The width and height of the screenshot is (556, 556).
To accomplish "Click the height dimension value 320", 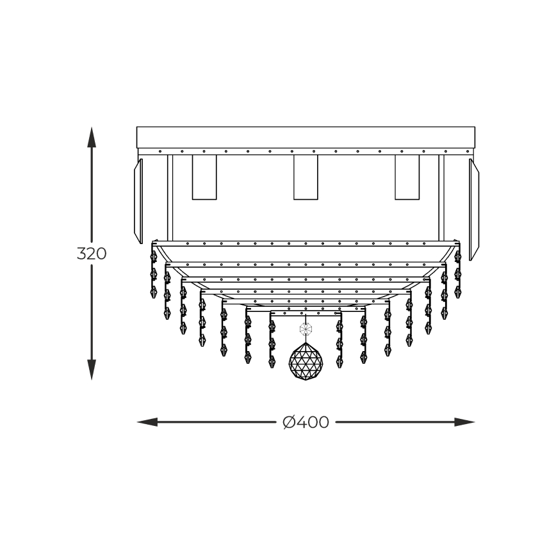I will (x=92, y=254).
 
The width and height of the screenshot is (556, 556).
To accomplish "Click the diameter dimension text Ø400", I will (x=306, y=422).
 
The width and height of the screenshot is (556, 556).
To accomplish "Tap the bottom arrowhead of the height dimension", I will (x=92, y=370).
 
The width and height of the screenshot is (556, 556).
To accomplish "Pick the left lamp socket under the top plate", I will (x=204, y=177).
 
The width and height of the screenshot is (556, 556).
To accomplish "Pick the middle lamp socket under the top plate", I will (x=306, y=177).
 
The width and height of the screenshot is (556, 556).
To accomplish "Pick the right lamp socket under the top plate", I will (x=407, y=177).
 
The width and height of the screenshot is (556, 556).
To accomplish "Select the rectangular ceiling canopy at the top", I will (x=306, y=137).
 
